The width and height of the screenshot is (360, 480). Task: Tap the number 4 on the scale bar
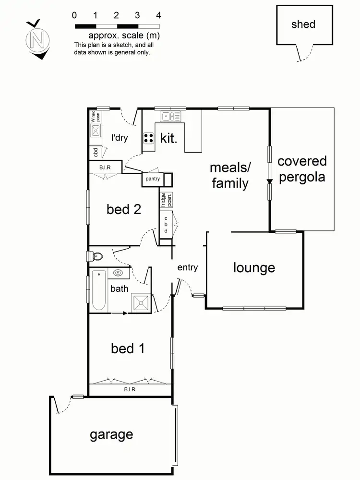point(159,15)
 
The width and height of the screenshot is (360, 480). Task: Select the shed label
point(303,24)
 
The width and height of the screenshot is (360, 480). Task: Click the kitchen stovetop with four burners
point(149,138)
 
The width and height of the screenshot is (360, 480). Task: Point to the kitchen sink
point(168,116)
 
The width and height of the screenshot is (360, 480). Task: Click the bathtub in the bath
point(98,291)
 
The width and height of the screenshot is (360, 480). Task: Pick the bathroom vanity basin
point(118,273)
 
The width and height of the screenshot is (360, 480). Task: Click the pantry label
point(153,179)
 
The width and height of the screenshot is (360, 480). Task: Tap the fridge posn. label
point(167,199)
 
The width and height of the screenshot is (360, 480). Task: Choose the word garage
point(111,435)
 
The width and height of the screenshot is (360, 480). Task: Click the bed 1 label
point(128,348)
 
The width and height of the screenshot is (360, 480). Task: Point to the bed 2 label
point(124,209)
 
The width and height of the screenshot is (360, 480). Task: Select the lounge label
point(254,268)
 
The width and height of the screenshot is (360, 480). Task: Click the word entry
point(187,268)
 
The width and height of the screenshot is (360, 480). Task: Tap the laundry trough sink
point(96,130)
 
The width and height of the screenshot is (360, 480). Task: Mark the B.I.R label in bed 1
point(130,389)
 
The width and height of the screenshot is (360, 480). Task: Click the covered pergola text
point(302,168)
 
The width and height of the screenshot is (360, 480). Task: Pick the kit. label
point(169,139)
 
